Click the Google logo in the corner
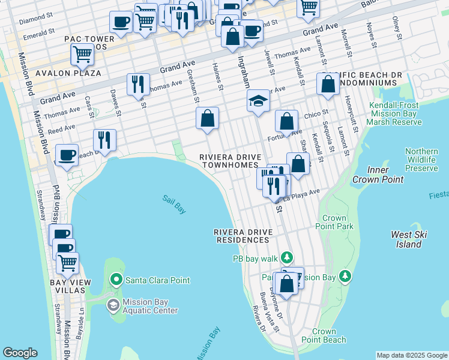point(20,353)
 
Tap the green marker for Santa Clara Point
point(116,280)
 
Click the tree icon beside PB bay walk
point(288,258)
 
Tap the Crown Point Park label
point(334,222)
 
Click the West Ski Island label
point(408,239)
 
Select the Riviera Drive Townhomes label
point(231,161)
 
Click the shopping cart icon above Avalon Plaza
point(82,54)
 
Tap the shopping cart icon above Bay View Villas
point(68,263)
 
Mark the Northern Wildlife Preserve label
point(421,160)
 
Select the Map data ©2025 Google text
point(411,355)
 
